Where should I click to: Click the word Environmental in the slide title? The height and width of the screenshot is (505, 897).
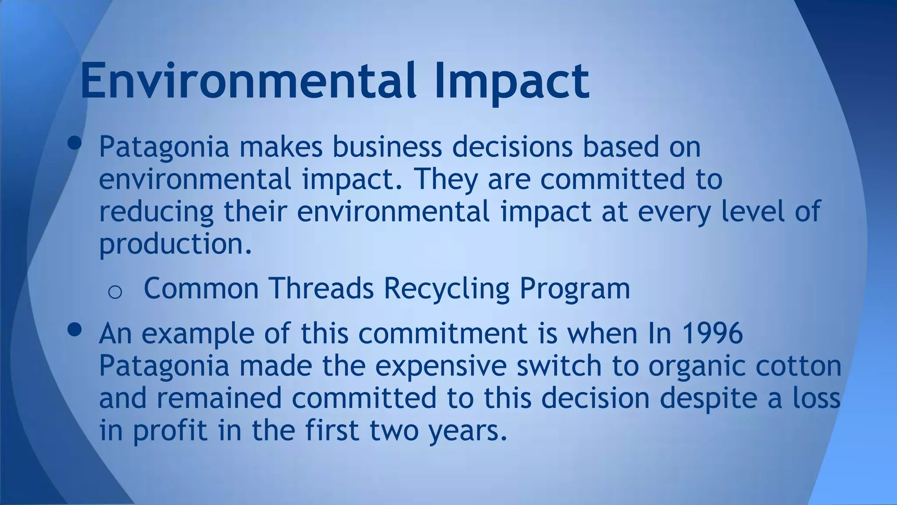point(247,81)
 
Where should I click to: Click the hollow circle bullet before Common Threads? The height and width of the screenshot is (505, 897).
point(115,292)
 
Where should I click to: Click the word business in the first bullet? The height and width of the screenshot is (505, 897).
point(387,147)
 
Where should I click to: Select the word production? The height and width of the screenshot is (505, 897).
point(175,244)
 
